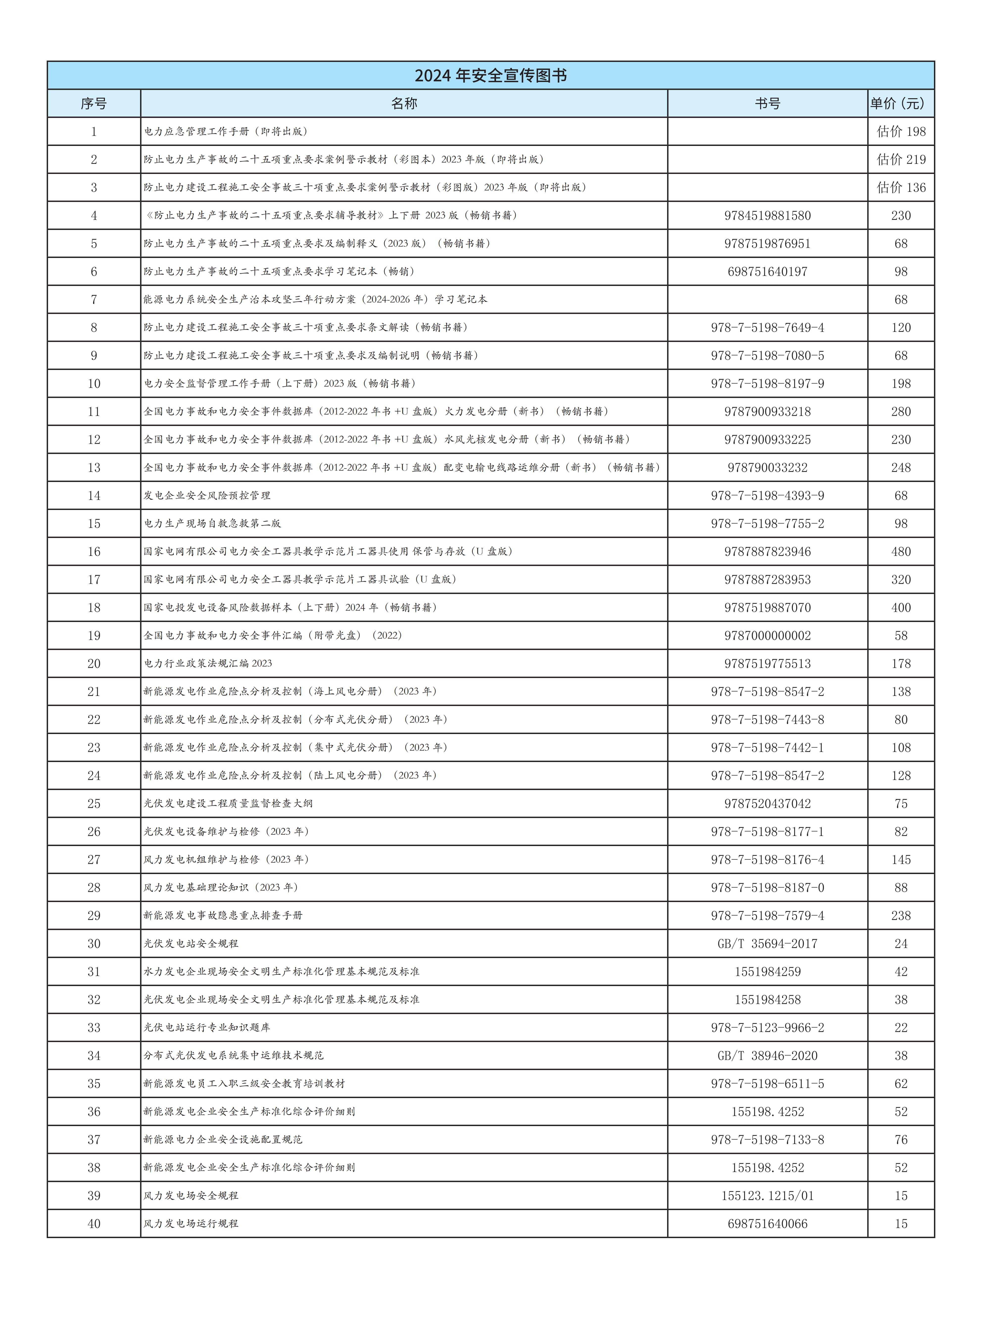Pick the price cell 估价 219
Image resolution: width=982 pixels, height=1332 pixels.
[901, 159]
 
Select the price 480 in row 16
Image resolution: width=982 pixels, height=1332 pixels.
[901, 551]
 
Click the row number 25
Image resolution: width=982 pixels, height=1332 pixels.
[94, 803]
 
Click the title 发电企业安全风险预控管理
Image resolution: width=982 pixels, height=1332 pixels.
[207, 496]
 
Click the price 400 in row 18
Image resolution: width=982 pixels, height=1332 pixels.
[901, 607]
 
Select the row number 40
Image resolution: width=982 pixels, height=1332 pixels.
[94, 1223]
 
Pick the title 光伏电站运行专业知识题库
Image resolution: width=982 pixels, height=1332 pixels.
[207, 1027]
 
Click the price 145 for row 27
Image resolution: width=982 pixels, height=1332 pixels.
[901, 859]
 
